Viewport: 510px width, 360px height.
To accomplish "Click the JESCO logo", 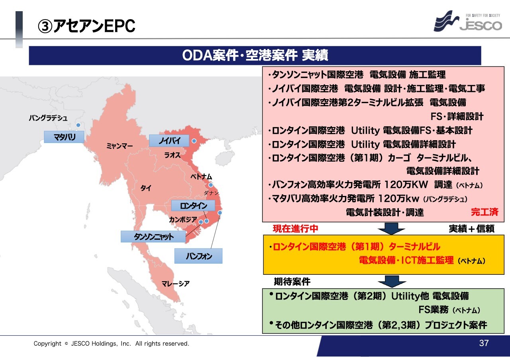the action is pyautogui.click(x=468, y=21).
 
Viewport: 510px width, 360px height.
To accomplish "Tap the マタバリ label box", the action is pyautogui.click(x=64, y=137).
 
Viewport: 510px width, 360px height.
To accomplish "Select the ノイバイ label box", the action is pyautogui.click(x=169, y=141).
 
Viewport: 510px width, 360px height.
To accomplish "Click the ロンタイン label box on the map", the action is pyautogui.click(x=193, y=206).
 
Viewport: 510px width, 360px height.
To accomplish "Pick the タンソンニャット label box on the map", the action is pyautogui.click(x=153, y=237).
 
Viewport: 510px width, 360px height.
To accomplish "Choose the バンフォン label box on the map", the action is pyautogui.click(x=198, y=256).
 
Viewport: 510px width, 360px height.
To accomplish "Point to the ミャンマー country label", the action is pyautogui.click(x=119, y=146).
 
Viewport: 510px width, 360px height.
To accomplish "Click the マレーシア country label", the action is pyautogui.click(x=175, y=284).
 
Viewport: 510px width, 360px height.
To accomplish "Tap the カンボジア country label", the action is pyautogui.click(x=183, y=219).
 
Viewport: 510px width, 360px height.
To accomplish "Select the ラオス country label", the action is pyautogui.click(x=172, y=155).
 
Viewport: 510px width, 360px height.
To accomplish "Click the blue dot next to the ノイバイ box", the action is pyautogui.click(x=194, y=141).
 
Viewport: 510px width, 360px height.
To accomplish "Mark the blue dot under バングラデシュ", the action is pyautogui.click(x=78, y=125).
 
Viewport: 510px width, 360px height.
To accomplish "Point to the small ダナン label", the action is pyautogui.click(x=211, y=193).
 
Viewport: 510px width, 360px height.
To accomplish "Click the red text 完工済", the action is pyautogui.click(x=484, y=212).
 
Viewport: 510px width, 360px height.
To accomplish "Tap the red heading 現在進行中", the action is pyautogui.click(x=295, y=229).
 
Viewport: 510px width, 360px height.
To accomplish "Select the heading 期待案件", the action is pyautogui.click(x=292, y=282).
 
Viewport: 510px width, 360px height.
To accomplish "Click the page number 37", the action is pyautogui.click(x=484, y=343).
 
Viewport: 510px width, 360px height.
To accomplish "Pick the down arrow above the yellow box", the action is pyautogui.click(x=391, y=229).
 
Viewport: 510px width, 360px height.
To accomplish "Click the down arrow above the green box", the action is pyautogui.click(x=392, y=281).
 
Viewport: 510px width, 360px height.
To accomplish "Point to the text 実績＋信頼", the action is pyautogui.click(x=471, y=229).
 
